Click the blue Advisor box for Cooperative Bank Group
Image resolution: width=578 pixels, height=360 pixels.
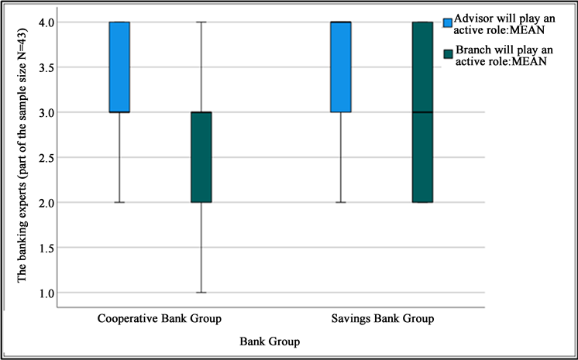pos(119,67)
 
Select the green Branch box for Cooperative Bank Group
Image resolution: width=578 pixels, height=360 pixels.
pos(201,157)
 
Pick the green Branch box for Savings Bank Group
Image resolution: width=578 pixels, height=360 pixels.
pos(421,112)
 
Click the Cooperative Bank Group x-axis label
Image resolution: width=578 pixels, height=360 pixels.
pos(160,319)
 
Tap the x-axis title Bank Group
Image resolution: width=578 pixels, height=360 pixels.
pos(270,341)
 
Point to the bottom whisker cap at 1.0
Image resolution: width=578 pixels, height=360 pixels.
pos(201,293)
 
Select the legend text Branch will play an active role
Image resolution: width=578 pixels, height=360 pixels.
pos(507,57)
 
